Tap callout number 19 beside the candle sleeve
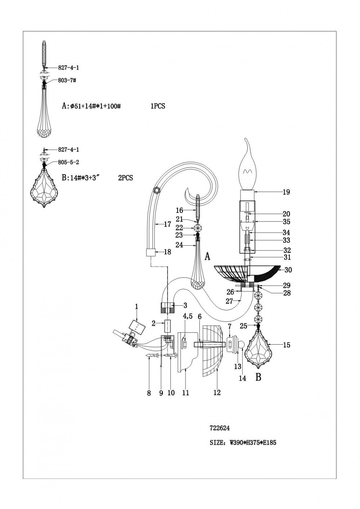pos(286,192)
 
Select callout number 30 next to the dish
pos(288,270)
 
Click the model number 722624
pos(220,428)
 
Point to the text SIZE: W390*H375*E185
pos(243,443)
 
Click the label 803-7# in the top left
pos(67,81)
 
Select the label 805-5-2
pos(68,162)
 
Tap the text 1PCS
pos(158,106)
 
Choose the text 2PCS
pos(125,178)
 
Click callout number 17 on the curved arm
pos(167,224)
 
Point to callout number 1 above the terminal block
pos(137,306)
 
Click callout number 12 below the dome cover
pos(217,392)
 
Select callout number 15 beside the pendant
pos(287,345)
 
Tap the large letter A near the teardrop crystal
pos(207,256)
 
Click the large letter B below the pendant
pos(258,377)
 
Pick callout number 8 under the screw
pos(149,393)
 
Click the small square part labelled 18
pos(150,252)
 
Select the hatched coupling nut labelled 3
pos(167,308)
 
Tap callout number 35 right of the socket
pos(286,222)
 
